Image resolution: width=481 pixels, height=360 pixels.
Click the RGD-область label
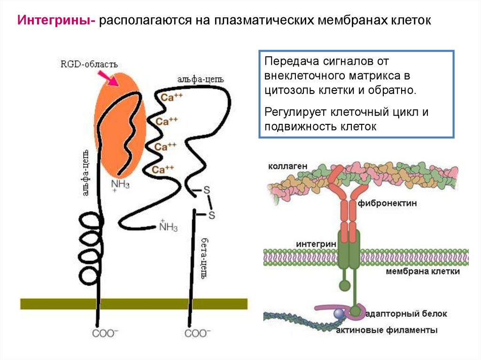[89, 64]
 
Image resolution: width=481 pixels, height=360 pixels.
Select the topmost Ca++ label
[170, 98]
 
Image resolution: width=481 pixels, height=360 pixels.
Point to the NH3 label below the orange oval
[120, 184]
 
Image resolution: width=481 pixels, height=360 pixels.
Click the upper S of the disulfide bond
[206, 191]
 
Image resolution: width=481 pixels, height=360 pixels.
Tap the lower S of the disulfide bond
[211, 215]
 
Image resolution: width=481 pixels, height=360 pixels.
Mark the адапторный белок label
[406, 314]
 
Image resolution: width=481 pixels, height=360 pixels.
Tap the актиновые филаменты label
[387, 330]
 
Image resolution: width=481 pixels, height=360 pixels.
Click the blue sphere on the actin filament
[338, 314]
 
